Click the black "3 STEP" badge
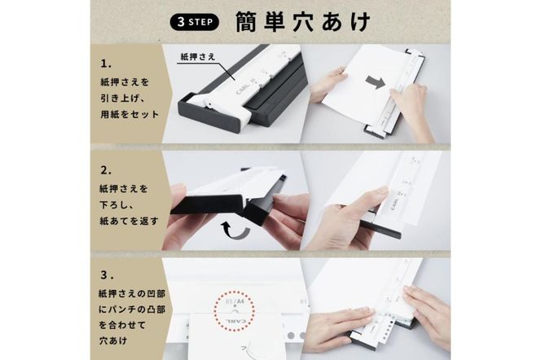pyautogui.click(x=195, y=23)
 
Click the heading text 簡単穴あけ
pyautogui.click(x=302, y=22)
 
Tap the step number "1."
pyautogui.click(x=106, y=64)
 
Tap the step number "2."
pyautogui.click(x=106, y=171)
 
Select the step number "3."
pyautogui.click(x=107, y=275)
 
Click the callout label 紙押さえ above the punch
pyautogui.click(x=198, y=56)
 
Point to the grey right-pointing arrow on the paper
pyautogui.click(x=376, y=83)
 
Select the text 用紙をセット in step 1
pyautogui.click(x=130, y=114)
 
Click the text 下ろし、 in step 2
pyautogui.click(x=120, y=204)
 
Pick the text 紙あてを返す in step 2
pyautogui.click(x=129, y=221)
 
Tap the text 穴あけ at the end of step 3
pyautogui.click(x=113, y=341)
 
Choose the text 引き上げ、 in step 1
pyautogui.click(x=120, y=99)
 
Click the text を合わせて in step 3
pyautogui.click(x=122, y=325)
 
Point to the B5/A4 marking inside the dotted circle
pyautogui.click(x=235, y=301)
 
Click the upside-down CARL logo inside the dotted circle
pyautogui.click(x=235, y=320)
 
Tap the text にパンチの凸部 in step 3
pyautogui.click(x=132, y=310)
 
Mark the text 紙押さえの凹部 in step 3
pyautogui.click(x=132, y=294)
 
